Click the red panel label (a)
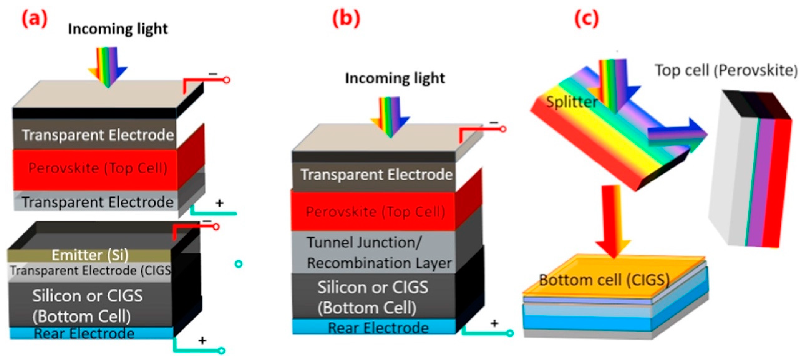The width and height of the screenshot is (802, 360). point(34,19)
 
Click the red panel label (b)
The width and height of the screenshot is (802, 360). point(346,19)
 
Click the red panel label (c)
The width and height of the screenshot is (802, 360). point(586,19)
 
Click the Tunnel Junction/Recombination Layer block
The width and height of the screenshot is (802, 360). point(374,252)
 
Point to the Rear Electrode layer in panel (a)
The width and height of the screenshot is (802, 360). point(84,333)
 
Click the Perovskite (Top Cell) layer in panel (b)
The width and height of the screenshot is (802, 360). point(374,212)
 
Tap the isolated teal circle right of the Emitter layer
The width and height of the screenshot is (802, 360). point(238,264)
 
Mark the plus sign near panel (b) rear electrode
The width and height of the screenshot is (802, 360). point(494,323)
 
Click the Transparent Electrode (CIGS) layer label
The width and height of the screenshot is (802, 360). point(90,271)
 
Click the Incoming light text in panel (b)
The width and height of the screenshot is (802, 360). point(395,78)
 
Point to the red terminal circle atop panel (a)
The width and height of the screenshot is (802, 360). point(227,80)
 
